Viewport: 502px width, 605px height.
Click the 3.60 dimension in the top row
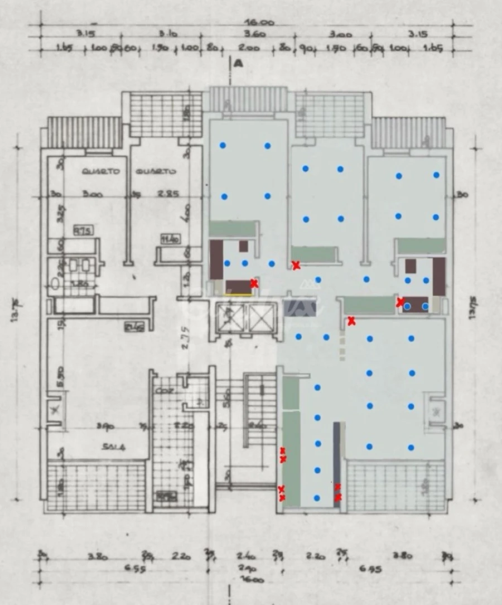254,35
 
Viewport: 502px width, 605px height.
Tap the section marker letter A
239,64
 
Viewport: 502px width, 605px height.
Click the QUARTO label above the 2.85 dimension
158,172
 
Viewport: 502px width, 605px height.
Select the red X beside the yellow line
254,284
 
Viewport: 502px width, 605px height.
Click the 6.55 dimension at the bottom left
100,570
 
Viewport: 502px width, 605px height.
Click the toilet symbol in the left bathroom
55,284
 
